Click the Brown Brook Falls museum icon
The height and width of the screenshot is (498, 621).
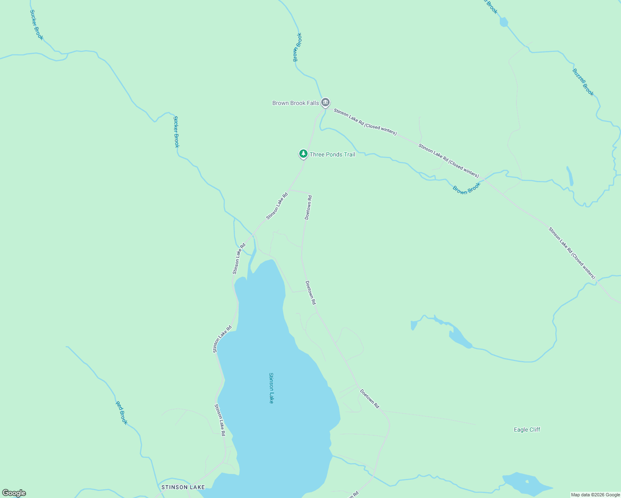325,102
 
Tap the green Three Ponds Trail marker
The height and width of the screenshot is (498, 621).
303,154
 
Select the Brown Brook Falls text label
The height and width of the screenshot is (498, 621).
296,103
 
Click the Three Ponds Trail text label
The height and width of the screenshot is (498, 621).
333,154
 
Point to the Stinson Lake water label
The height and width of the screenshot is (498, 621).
271,388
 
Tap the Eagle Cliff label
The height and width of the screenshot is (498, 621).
527,430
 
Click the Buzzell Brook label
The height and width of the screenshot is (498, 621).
583,82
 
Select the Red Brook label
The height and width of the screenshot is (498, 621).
121,413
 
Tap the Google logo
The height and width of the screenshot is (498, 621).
14,493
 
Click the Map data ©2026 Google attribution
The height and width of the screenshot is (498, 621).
595,495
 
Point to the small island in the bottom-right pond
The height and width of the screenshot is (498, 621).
527,482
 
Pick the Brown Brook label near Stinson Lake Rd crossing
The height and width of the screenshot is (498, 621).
466,188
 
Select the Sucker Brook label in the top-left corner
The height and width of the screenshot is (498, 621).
37,25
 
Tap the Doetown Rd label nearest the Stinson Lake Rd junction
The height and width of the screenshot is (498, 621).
308,207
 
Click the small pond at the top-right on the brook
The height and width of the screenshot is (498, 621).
504,22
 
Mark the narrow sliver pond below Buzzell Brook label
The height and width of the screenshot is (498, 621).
570,176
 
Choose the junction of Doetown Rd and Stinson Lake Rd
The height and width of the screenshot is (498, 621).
289,190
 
